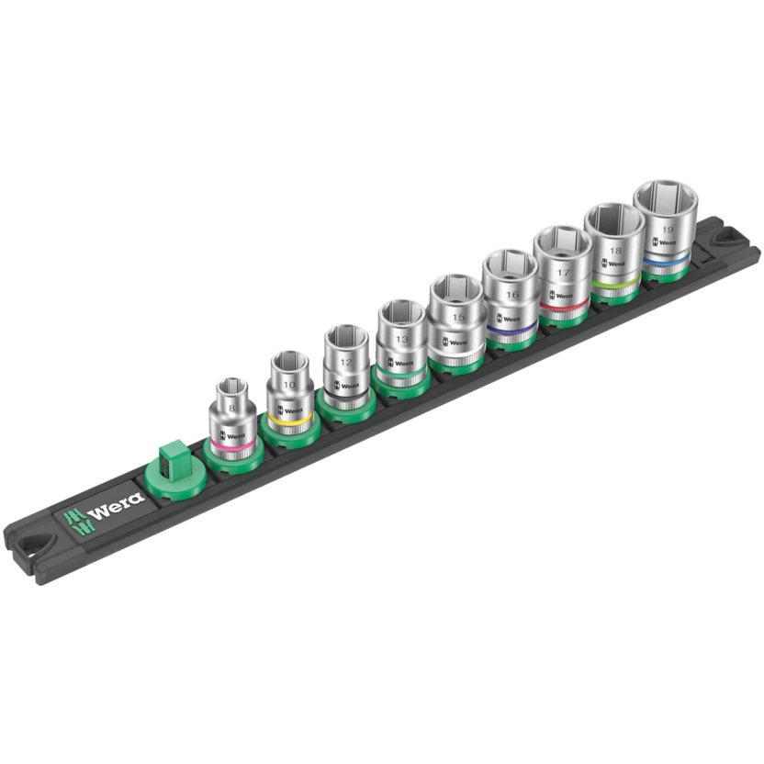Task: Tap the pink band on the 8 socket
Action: tap(231, 444)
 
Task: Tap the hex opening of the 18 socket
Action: tap(613, 220)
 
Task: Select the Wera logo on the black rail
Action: tap(102, 507)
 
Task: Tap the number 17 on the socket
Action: tap(562, 273)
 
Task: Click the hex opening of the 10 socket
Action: tap(289, 361)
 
